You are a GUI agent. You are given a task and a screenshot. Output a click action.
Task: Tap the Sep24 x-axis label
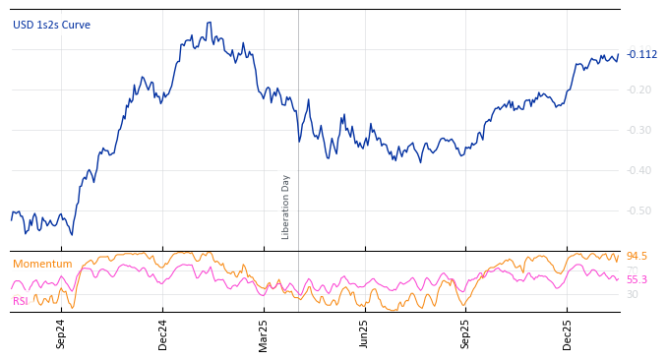[61, 333]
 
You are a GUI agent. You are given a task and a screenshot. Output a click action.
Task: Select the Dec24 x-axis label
[163, 333]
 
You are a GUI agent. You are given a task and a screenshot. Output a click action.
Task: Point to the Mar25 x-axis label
[264, 333]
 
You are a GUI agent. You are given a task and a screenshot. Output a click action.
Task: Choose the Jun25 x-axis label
[365, 333]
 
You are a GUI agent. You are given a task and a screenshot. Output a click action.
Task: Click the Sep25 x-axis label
[466, 333]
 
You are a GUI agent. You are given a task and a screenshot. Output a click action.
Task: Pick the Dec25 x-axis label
[568, 333]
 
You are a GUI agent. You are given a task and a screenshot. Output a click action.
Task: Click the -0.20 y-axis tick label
[639, 90]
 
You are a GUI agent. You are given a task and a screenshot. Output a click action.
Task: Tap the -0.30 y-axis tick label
[639, 130]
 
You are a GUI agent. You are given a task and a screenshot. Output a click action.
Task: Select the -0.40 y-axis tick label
[639, 170]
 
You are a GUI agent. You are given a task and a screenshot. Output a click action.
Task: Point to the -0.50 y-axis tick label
[639, 210]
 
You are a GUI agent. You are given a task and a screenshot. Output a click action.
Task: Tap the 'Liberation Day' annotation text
[286, 207]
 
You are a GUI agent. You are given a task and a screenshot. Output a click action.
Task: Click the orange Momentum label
[42, 264]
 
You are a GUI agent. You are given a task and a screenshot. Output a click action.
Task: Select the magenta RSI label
[21, 301]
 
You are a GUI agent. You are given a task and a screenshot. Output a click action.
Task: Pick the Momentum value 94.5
[637, 256]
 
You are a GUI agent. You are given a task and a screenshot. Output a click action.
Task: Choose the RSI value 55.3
[637, 279]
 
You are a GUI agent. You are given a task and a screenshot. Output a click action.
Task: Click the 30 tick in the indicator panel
[632, 294]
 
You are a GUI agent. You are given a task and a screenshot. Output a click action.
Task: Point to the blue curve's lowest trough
[71, 234]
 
